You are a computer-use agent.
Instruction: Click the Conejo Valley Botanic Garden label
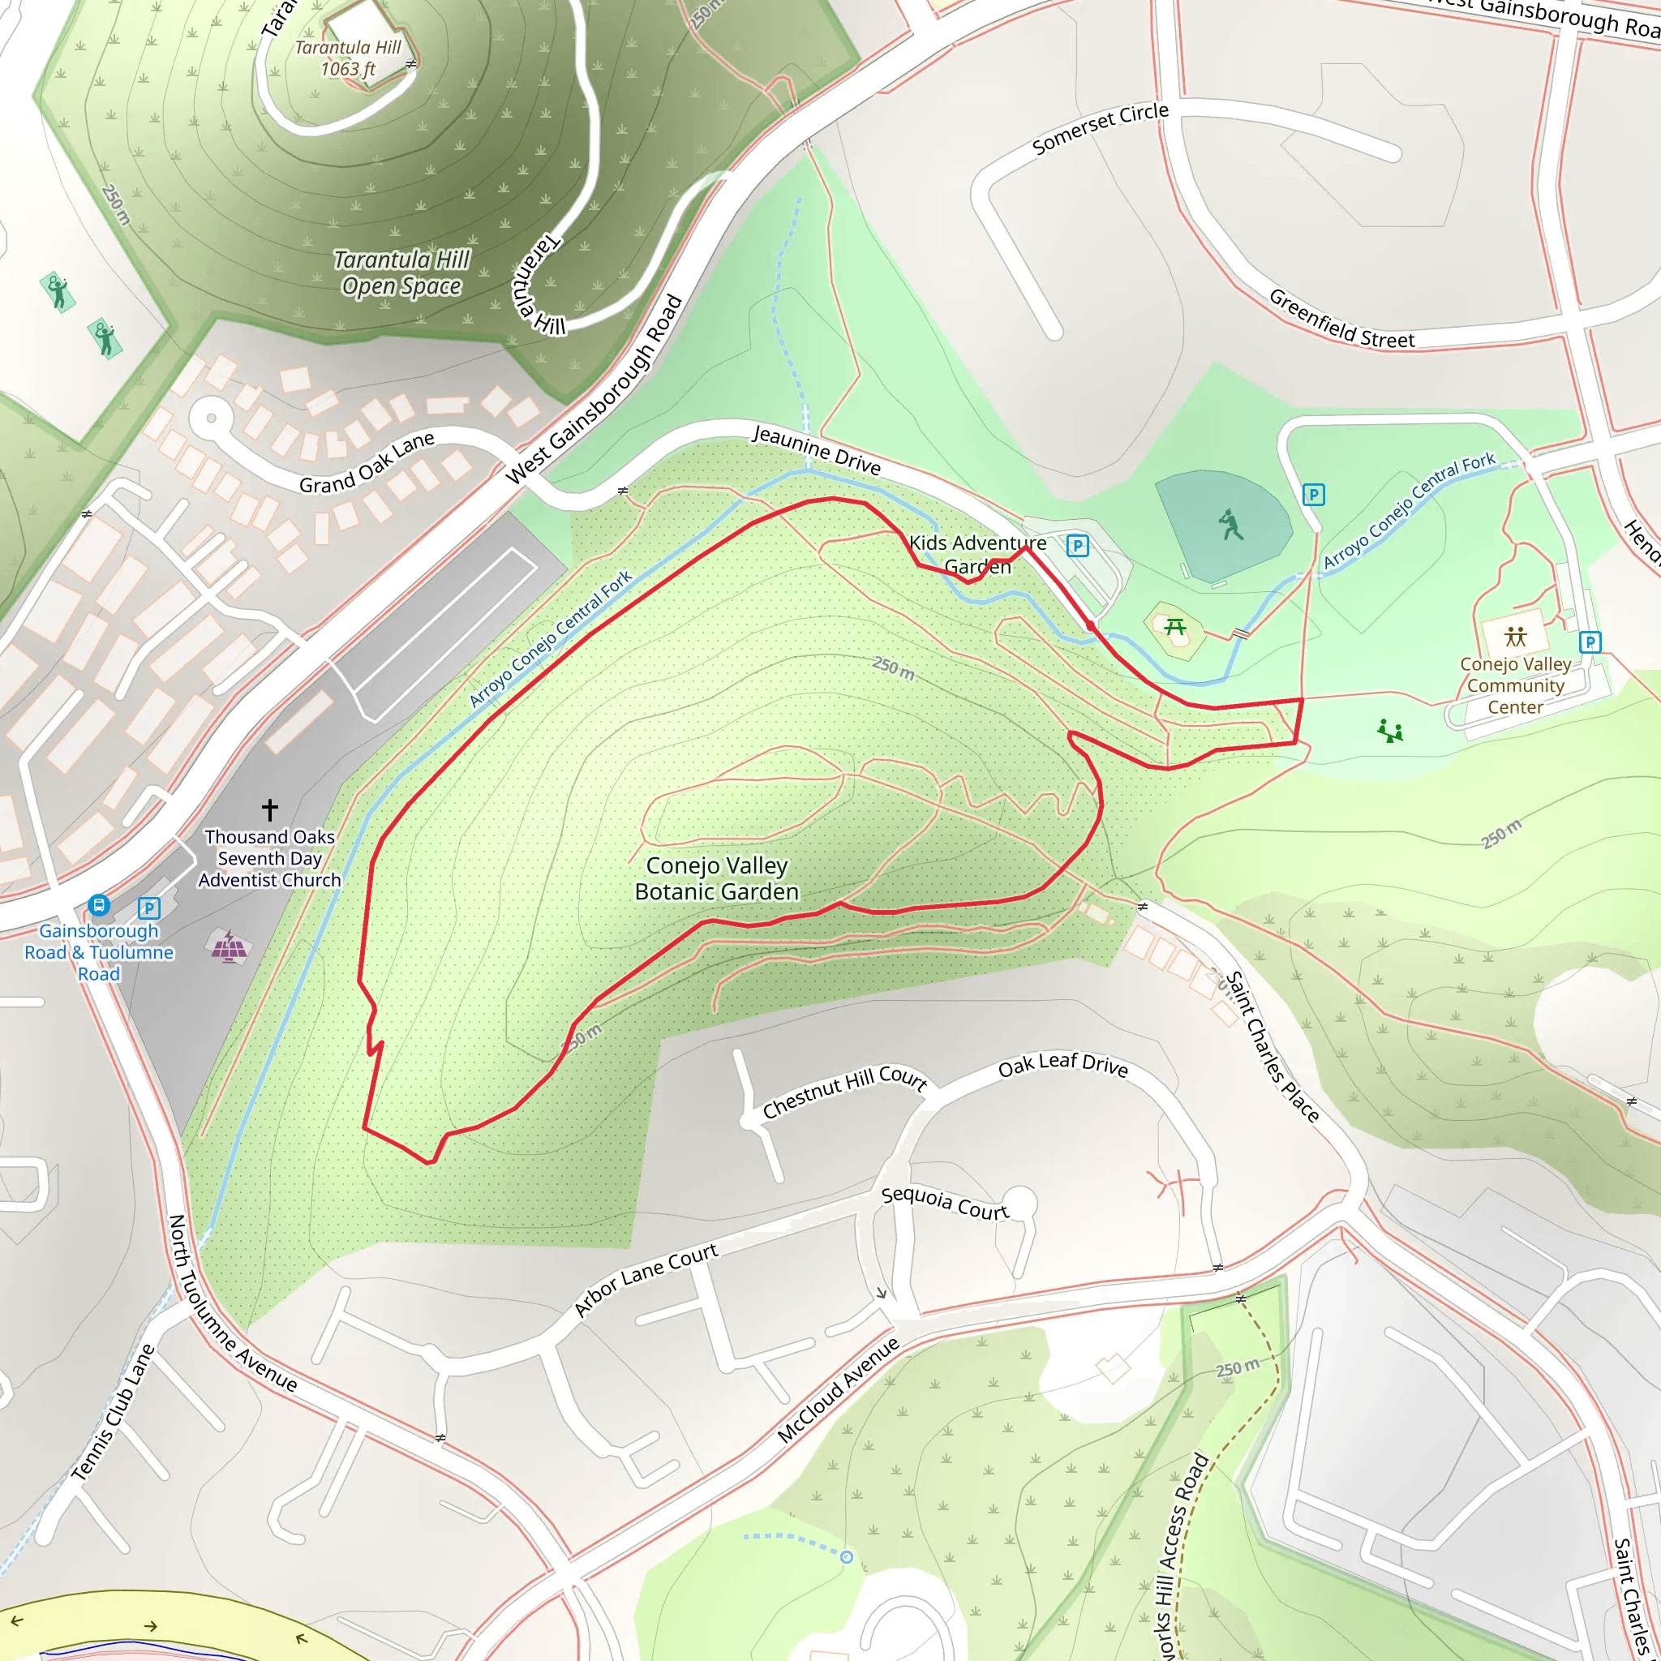coord(717,878)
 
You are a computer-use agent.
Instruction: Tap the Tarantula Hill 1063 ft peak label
coord(348,58)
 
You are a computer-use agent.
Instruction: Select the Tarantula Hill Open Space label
coord(401,273)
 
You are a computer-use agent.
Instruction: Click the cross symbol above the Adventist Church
coord(270,809)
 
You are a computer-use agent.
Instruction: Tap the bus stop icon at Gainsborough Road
coord(99,905)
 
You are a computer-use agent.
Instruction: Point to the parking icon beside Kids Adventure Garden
coord(1077,545)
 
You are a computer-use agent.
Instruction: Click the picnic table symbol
coord(1175,628)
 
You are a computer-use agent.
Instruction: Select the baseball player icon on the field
coord(1230,525)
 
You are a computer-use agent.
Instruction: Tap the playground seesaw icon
coord(1390,731)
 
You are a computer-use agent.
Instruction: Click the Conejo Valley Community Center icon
coord(1516,636)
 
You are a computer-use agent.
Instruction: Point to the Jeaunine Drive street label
coord(817,449)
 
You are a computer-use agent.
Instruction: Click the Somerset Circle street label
coord(1100,129)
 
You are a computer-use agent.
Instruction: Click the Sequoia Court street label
coord(944,1203)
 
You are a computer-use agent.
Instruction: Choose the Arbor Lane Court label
coord(646,1280)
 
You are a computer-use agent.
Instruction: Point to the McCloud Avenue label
coord(839,1389)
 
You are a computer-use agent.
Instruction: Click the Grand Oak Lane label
coord(367,462)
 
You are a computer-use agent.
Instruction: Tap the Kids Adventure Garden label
coord(977,555)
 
